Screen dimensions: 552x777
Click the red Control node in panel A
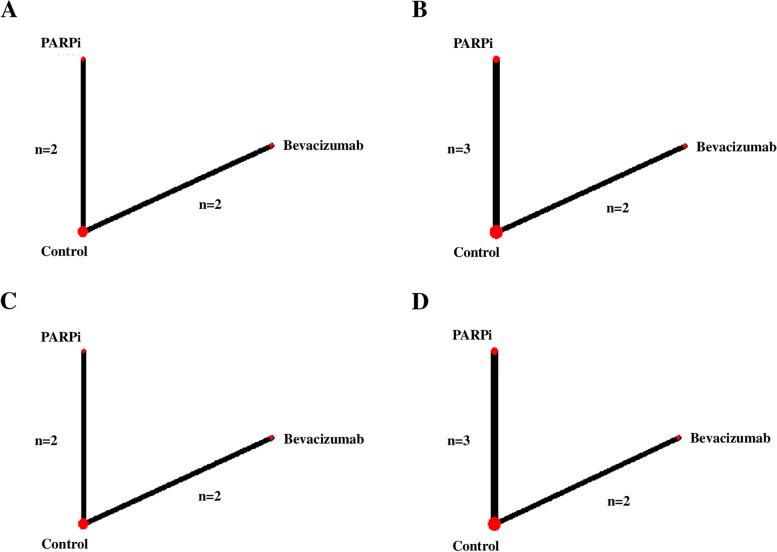[83, 231]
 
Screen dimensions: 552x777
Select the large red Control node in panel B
[496, 231]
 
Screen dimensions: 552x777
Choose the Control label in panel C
[64, 543]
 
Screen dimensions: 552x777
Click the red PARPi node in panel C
[83, 351]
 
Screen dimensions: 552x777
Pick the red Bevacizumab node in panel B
[685, 146]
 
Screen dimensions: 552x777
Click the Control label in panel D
[476, 543]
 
